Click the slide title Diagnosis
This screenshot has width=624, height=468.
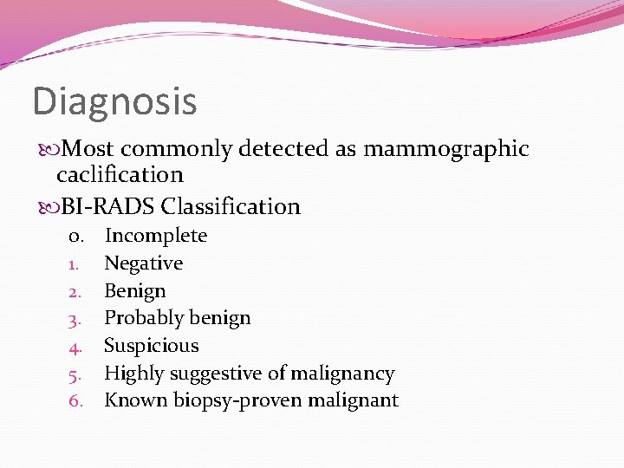coord(114,102)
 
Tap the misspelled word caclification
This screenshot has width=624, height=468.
coord(120,175)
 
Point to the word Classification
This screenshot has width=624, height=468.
coord(231,207)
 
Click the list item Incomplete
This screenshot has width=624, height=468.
coord(156,236)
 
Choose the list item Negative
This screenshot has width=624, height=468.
coord(143,263)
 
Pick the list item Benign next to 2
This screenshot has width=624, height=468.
coord(134,291)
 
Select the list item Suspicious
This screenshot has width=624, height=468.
coord(151,346)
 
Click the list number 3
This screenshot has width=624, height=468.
coord(75,320)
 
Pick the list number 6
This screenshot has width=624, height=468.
coord(75,401)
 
